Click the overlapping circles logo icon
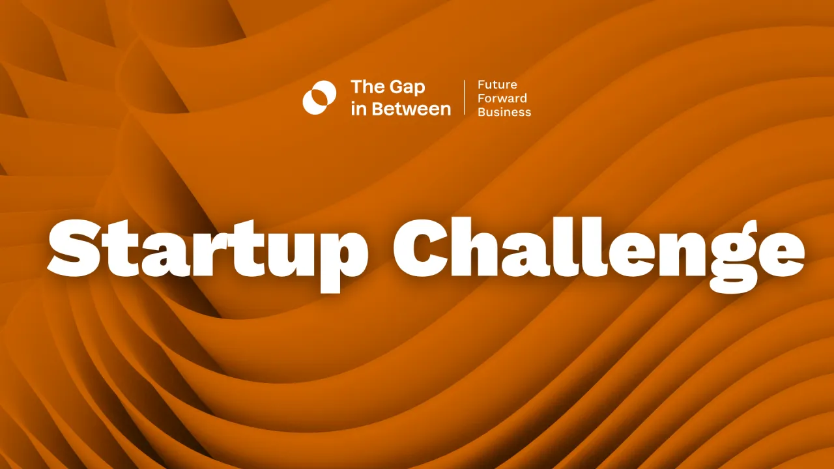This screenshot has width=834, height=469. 319,98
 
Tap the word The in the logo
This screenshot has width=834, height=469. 366,87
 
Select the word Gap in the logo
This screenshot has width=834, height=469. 407,88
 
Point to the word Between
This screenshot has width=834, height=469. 410,108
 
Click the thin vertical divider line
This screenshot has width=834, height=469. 465,98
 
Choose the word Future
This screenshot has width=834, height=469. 497,85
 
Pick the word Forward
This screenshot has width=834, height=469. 502,98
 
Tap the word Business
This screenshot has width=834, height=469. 504,112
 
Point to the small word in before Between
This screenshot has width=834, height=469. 358,108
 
